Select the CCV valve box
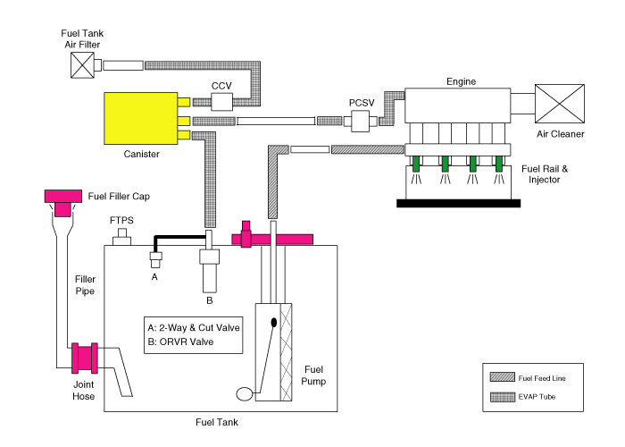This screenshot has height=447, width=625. click(x=221, y=105)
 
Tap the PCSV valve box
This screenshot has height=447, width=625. click(x=360, y=121)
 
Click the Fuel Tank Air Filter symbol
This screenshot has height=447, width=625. click(x=84, y=65)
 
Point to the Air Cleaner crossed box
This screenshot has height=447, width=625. click(x=560, y=105)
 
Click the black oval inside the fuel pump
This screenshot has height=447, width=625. click(x=274, y=322)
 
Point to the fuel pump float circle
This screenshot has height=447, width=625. click(x=244, y=392)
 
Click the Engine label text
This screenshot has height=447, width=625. click(x=461, y=81)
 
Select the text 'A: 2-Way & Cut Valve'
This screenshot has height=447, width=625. click(x=195, y=328)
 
